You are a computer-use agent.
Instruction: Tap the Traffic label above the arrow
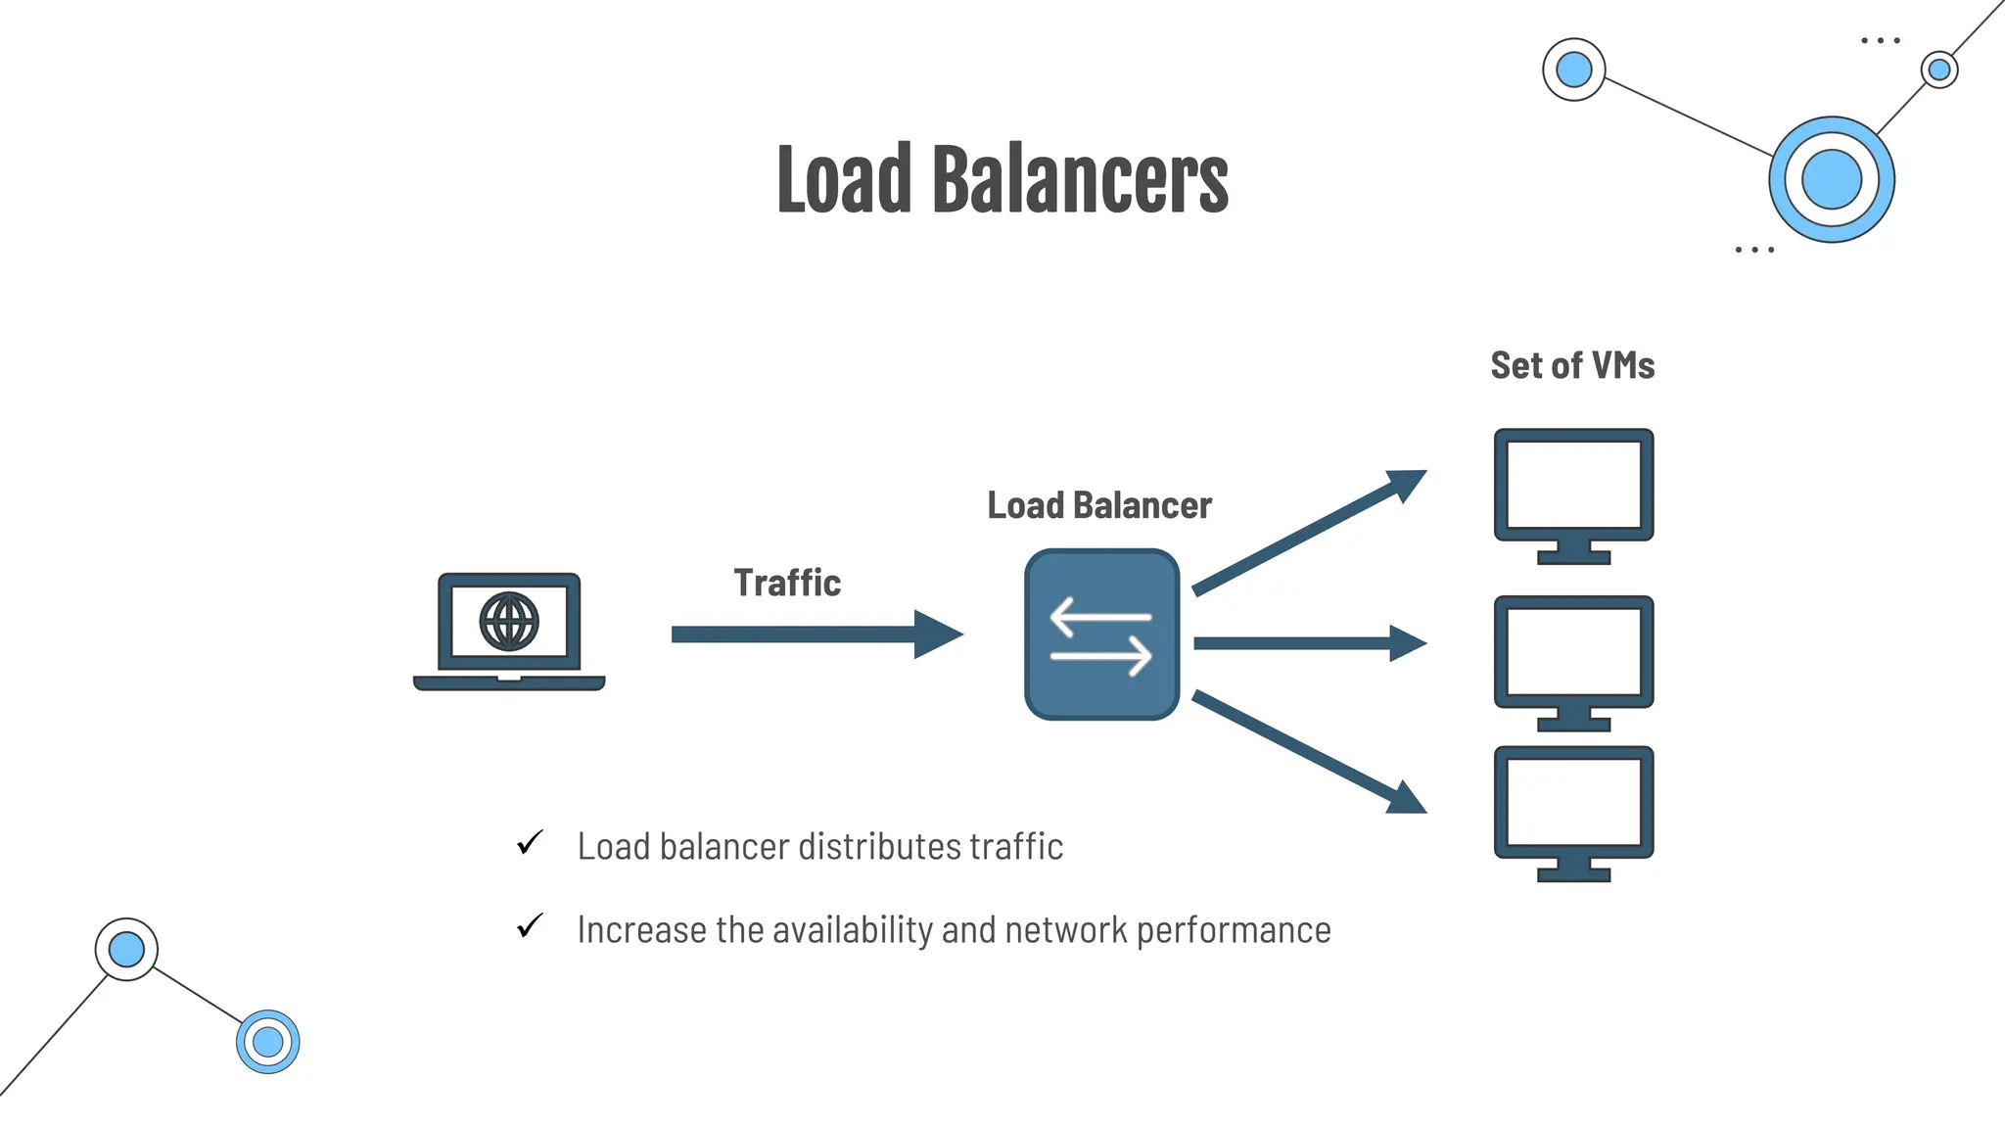point(787,583)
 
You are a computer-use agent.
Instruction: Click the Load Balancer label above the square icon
point(1098,505)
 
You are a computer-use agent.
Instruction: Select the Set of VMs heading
point(1572,365)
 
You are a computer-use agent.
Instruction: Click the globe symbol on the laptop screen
point(509,621)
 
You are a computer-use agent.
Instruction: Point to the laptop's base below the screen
point(509,682)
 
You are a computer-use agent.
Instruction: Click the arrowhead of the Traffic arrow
point(937,634)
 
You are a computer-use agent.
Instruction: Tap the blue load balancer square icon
point(1101,634)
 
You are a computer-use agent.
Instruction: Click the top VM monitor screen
point(1573,484)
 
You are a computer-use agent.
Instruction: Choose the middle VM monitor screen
point(1573,651)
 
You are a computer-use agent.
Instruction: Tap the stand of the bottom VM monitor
point(1573,869)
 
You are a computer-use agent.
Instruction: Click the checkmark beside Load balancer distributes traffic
point(530,843)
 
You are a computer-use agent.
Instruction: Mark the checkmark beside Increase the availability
point(530,926)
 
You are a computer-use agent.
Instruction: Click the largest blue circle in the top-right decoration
point(1831,179)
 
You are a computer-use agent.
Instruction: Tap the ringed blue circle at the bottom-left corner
point(267,1042)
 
